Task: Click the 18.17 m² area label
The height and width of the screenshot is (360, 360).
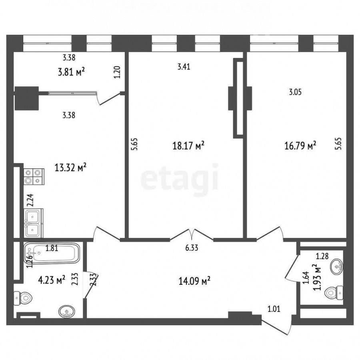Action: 188,146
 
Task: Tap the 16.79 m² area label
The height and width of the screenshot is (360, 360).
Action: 300,145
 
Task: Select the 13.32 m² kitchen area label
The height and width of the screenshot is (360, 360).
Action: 70,167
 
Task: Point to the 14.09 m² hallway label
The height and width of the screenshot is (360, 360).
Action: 194,280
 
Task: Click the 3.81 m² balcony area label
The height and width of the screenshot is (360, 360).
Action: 71,72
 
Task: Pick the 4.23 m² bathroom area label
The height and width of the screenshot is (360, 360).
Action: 52,280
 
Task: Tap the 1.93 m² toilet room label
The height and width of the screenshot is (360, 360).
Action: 317,277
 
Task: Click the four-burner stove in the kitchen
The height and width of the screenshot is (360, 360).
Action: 34,176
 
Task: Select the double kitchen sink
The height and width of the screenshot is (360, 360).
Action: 33,223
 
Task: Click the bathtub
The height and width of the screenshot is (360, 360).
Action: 52,253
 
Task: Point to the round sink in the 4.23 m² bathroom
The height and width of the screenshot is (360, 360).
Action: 66,312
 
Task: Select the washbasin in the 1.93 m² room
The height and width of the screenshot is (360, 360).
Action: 336,266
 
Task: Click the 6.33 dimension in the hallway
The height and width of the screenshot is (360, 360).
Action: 192,248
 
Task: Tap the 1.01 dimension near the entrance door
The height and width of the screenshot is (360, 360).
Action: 274,309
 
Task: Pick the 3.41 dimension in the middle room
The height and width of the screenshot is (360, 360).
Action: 184,67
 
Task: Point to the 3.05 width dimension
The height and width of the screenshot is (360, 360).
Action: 295,92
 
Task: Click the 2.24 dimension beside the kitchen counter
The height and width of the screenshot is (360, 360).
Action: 30,200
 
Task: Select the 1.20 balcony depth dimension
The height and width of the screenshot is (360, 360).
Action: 117,72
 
